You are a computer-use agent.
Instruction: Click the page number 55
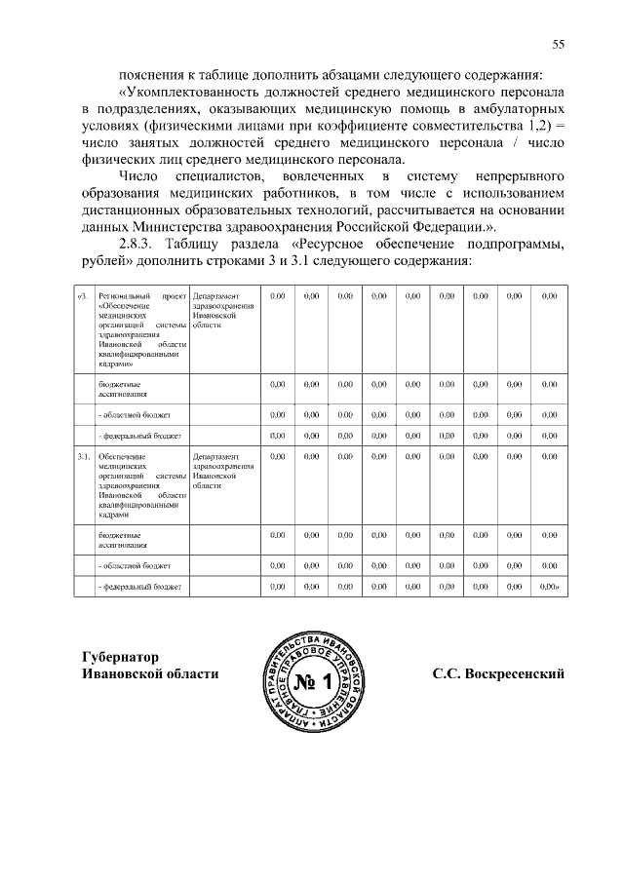[x=559, y=43]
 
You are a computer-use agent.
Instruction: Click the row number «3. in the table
[x=83, y=295]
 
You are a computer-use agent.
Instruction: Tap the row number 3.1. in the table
[x=84, y=455]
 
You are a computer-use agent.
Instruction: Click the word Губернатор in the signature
[x=121, y=657]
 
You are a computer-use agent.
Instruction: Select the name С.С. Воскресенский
[x=498, y=674]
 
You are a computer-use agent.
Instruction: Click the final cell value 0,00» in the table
[x=550, y=586]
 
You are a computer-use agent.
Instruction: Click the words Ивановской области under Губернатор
[x=149, y=674]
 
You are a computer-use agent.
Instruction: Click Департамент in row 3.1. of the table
[x=216, y=455]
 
